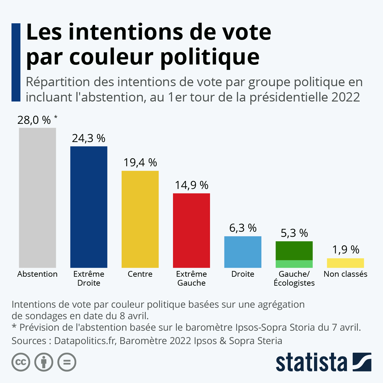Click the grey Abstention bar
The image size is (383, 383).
37,198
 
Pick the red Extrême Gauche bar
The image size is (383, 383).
191,230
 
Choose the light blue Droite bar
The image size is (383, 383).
243,252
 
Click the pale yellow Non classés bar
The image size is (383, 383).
345,263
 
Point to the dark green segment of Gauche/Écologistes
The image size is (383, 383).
294,251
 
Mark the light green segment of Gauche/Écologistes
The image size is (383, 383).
294,264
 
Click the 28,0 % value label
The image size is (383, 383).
34,120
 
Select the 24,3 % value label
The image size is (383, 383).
88,138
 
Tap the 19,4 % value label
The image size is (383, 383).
140,162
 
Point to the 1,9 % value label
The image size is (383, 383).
346,250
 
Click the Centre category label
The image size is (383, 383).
140,274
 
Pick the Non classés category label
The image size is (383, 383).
345,274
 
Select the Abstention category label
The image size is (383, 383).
37,274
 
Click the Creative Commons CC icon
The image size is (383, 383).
21,362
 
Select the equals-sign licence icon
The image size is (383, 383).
67,362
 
